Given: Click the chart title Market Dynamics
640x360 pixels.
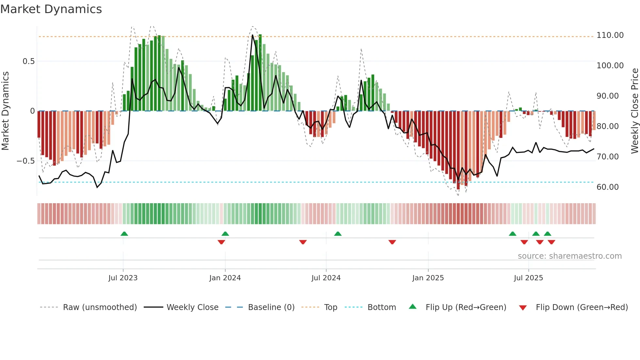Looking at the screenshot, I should (x=51, y=9).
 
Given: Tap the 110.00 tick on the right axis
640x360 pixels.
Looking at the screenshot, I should (x=610, y=35).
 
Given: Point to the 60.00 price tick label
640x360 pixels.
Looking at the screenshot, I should (x=607, y=187).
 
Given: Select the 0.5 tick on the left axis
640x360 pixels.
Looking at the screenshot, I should (x=29, y=61).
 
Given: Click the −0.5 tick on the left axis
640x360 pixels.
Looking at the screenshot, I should (x=26, y=161).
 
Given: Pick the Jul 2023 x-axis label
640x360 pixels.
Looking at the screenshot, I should (x=123, y=278).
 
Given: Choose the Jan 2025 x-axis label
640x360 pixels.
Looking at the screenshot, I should (x=428, y=278).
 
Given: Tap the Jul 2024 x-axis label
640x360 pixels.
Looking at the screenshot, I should (x=326, y=278).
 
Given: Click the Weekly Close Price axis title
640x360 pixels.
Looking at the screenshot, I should (x=634, y=111).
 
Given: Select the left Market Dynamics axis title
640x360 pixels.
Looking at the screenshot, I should (x=5, y=111).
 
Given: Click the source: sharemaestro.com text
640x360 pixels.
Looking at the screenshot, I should (x=569, y=256).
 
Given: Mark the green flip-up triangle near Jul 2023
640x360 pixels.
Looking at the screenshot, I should (x=124, y=234).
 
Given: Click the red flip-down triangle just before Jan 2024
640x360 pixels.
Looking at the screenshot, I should (x=221, y=242).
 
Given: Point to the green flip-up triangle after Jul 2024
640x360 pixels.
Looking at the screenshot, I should (x=338, y=234).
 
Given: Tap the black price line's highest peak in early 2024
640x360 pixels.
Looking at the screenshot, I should (x=252, y=35).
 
